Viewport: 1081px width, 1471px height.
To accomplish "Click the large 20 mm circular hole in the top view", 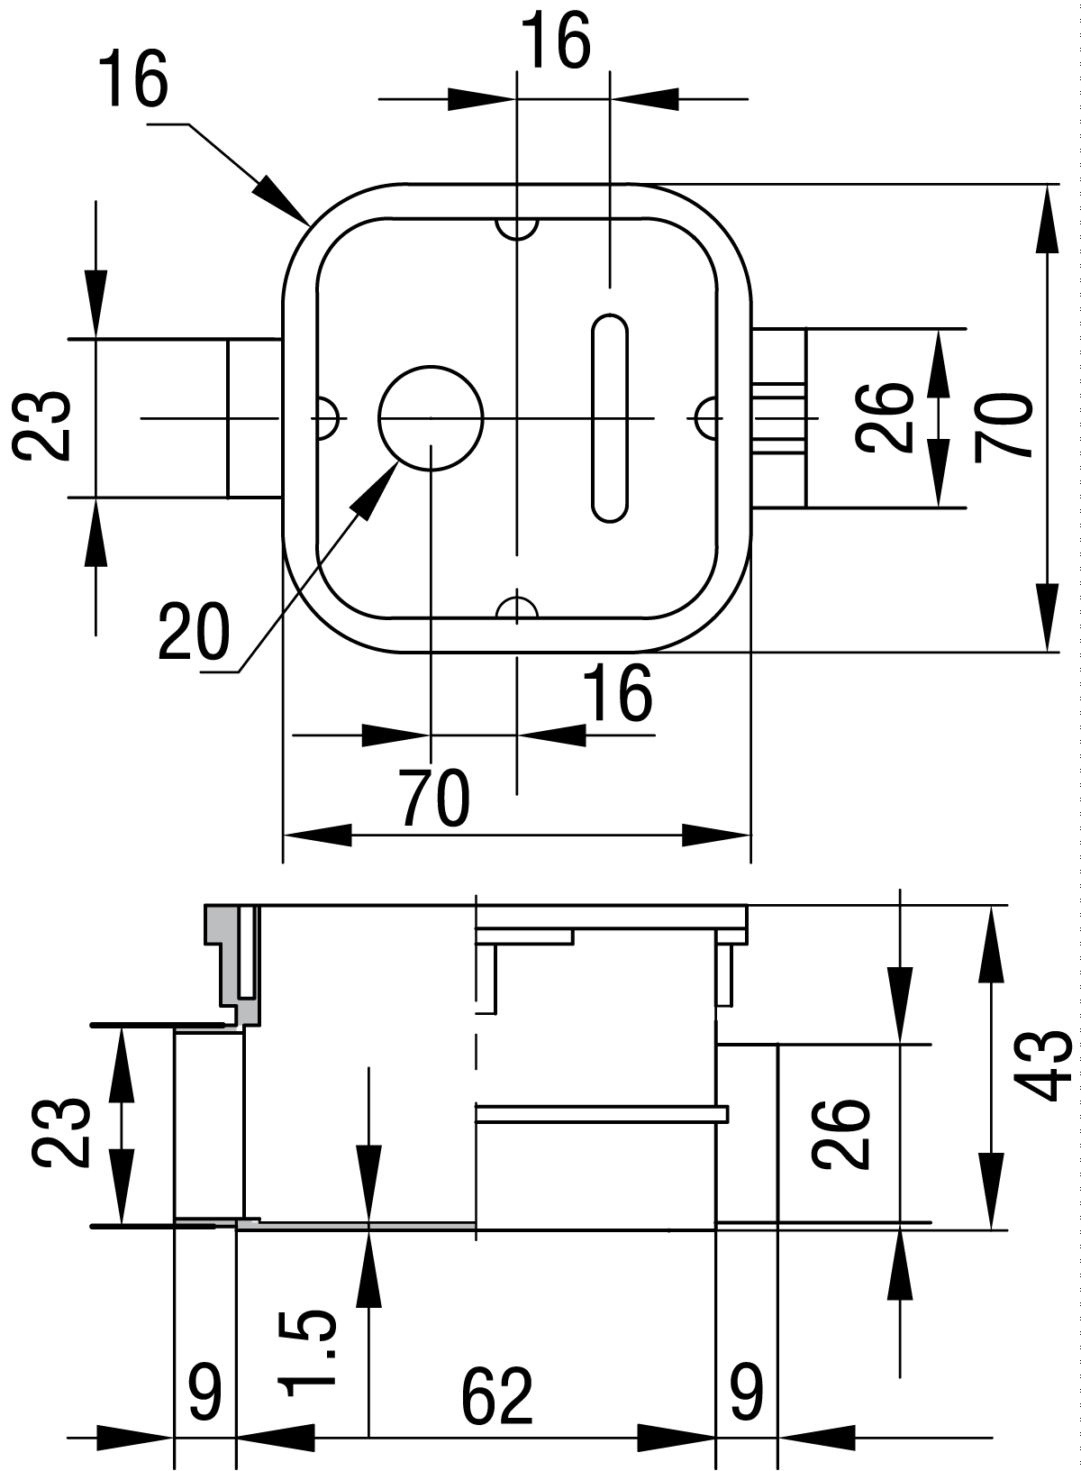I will pyautogui.click(x=431, y=417).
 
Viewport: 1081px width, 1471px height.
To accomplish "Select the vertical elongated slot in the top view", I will pyautogui.click(x=609, y=417).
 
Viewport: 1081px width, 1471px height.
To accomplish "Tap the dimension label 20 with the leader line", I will pyautogui.click(x=193, y=632).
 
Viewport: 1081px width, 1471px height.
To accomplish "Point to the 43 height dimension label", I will pyautogui.click(x=1047, y=1066).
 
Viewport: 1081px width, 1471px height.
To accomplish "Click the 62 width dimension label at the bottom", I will pyautogui.click(x=497, y=1398).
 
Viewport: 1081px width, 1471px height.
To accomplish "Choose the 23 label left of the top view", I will pyautogui.click(x=42, y=425).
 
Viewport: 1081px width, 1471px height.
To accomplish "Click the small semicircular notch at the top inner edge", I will pyautogui.click(x=516, y=227).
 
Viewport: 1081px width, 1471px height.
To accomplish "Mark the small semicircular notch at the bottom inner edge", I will pyautogui.click(x=516, y=608).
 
